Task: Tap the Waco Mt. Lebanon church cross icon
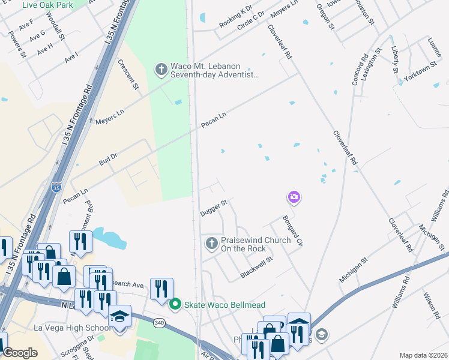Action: pyautogui.click(x=161, y=70)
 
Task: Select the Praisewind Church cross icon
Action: pyautogui.click(x=211, y=244)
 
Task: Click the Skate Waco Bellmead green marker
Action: pyautogui.click(x=175, y=305)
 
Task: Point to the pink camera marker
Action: pyautogui.click(x=294, y=197)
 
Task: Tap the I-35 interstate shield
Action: pyautogui.click(x=55, y=188)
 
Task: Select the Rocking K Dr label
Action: pyautogui.click(x=235, y=17)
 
